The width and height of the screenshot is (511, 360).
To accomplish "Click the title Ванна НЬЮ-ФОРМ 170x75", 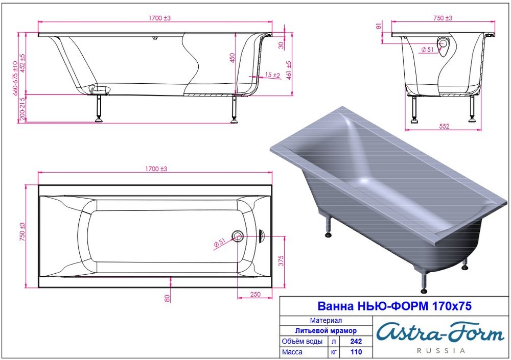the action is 394,306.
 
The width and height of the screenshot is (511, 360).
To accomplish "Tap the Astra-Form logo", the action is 440,332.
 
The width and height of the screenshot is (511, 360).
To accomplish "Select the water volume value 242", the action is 356,341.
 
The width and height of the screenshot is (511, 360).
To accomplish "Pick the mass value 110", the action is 356,352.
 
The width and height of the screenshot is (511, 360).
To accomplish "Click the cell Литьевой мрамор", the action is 326,330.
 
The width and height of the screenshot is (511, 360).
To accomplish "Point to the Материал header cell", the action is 326,321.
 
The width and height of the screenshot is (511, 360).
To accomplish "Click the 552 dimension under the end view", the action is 444,126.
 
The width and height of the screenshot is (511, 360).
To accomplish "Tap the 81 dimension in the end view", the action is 379,25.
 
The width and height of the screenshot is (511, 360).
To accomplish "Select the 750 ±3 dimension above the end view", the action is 443,18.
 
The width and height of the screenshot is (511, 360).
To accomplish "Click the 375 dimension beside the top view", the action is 281,261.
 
